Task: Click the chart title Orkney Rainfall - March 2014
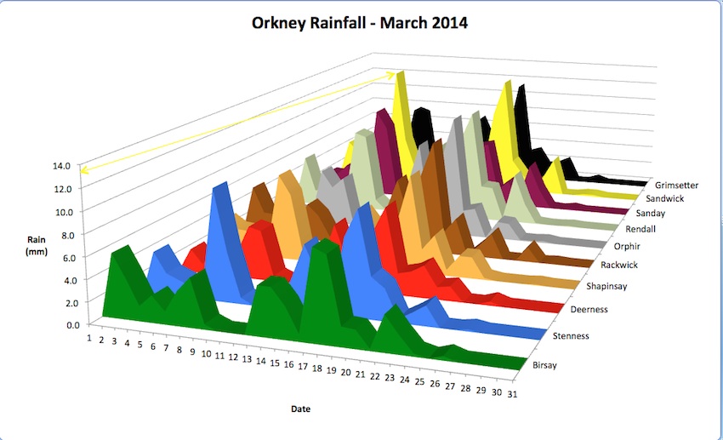point(360,23)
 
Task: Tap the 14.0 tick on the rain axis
point(65,166)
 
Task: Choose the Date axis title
point(300,409)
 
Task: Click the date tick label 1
point(88,337)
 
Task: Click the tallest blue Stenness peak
point(224,188)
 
